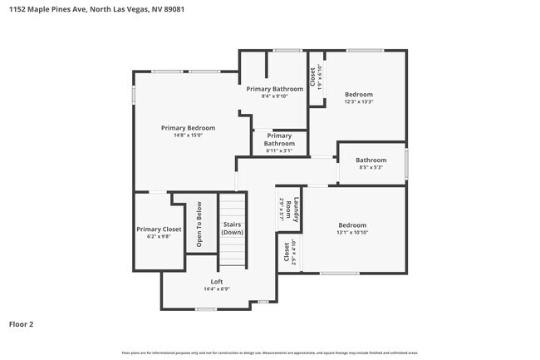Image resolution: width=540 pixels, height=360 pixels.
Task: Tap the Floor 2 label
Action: [x=22, y=323]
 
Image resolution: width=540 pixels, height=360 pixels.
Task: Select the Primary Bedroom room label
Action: [x=188, y=128]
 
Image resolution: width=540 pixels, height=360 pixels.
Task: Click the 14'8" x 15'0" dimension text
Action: [x=188, y=135]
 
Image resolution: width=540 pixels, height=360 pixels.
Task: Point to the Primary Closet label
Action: [x=159, y=229]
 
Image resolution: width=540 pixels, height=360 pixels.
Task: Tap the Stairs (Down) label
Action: [x=233, y=228]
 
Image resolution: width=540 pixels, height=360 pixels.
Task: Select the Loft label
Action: [x=216, y=282]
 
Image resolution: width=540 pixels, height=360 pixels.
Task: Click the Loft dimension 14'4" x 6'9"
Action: [x=216, y=289]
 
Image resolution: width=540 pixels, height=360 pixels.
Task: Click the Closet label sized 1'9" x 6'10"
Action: [x=315, y=77]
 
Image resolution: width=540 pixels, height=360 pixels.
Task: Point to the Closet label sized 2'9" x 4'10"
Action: [x=288, y=252]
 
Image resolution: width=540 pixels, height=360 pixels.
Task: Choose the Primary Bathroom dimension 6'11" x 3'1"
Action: [x=279, y=150]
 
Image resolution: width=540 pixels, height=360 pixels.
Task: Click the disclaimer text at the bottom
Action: [x=270, y=353]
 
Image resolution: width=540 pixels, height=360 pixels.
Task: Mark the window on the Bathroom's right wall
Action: [x=406, y=163]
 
